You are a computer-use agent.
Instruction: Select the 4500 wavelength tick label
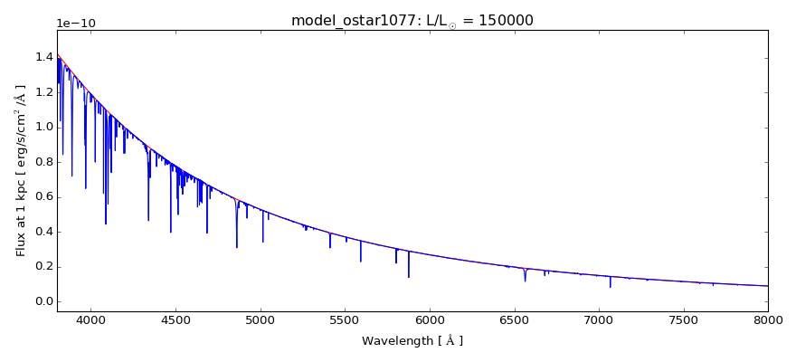coord(175,319)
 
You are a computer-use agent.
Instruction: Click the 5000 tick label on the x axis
coord(261,319)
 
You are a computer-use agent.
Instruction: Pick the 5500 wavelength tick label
coord(345,319)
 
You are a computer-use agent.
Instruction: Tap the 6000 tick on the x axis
coord(430,319)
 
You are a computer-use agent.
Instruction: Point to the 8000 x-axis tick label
coord(768,319)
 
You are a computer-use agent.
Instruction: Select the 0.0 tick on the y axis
coord(42,301)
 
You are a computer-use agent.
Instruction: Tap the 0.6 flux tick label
coord(42,196)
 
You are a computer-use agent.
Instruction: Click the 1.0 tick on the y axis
coord(42,127)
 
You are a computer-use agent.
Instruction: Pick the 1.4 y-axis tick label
coord(42,57)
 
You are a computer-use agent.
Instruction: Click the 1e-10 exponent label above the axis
coord(75,24)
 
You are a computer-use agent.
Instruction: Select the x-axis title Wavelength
coord(412,341)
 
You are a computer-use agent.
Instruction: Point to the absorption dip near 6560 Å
coord(525,280)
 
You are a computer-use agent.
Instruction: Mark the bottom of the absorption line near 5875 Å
coord(409,276)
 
